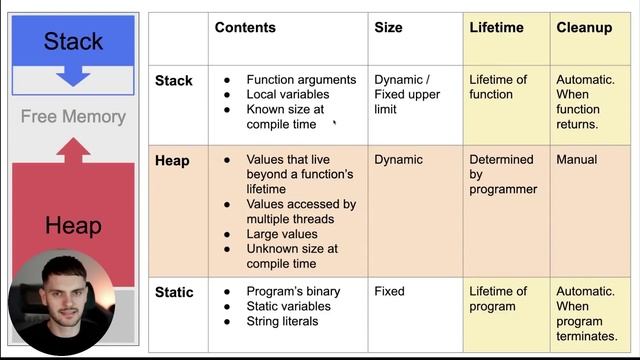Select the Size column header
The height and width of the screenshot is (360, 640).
388,28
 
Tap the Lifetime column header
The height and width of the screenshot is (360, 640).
496,28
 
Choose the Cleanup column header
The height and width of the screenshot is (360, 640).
584,28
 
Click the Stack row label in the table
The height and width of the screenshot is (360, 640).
174,80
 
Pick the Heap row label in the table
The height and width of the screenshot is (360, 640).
172,160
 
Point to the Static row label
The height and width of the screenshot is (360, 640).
174,292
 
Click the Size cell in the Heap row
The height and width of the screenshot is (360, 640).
398,160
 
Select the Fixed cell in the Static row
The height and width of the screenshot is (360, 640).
389,292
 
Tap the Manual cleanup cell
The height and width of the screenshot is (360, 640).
577,160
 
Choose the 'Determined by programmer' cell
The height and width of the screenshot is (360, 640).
503,174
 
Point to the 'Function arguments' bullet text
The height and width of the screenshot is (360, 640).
301,80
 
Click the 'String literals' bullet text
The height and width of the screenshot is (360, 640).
282,322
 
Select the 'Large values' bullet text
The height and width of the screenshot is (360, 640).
282,234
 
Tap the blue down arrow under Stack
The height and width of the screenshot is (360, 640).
74,75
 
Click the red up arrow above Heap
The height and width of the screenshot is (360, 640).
73,151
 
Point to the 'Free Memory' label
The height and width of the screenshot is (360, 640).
73,117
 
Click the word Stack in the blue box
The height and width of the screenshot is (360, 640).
73,41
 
